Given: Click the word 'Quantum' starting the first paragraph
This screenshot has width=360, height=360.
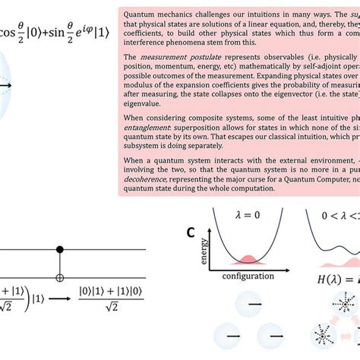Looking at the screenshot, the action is tap(140, 14).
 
